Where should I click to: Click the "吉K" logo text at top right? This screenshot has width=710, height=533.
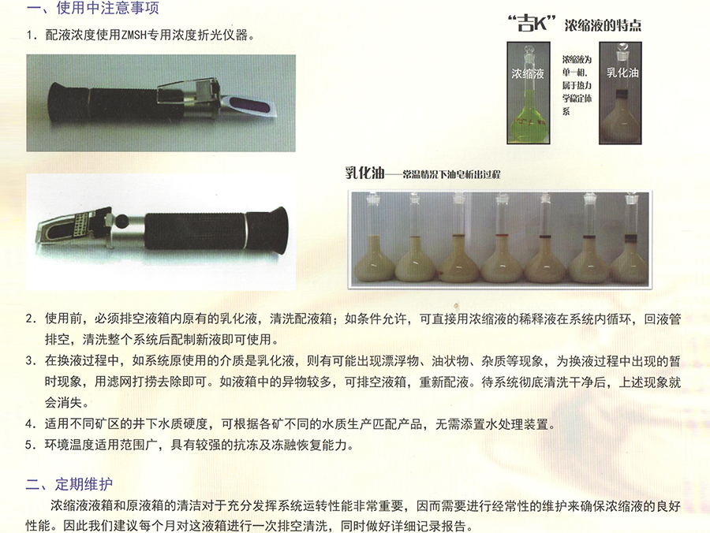point(532,24)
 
